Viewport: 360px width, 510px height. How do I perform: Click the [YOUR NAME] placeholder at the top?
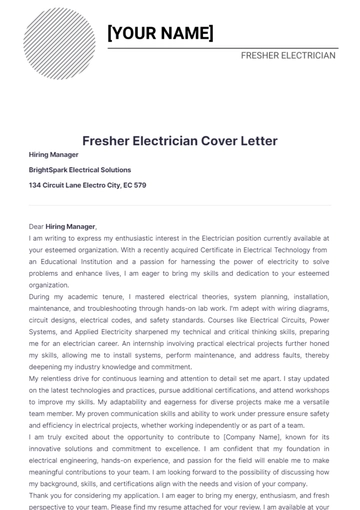pos(160,33)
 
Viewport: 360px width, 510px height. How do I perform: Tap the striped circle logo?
pos(59,44)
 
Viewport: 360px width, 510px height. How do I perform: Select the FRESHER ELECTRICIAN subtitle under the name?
pos(288,56)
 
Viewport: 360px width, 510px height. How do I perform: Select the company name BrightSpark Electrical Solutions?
pos(80,170)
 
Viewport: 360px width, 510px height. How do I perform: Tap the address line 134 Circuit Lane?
pos(87,185)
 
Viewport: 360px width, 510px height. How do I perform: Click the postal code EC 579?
pos(133,185)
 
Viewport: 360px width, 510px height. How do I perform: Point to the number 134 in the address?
pos(35,185)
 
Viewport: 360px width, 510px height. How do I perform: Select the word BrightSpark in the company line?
pos(49,170)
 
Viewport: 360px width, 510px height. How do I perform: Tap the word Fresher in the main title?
pos(104,141)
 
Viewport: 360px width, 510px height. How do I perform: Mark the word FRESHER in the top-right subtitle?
pos(263,56)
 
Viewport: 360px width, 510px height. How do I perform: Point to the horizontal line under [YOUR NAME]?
pos(220,47)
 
